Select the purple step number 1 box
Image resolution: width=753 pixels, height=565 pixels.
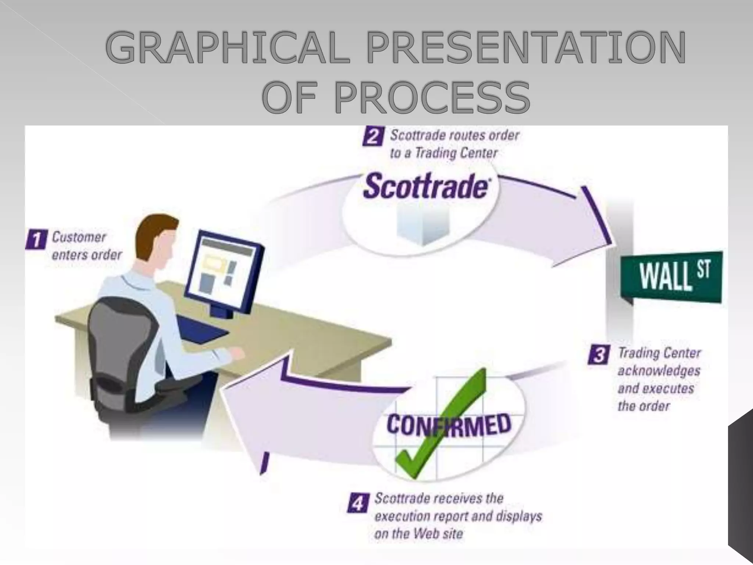(x=36, y=240)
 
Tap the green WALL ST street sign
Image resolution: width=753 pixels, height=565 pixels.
(x=671, y=277)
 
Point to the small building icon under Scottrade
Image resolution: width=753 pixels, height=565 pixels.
(x=423, y=226)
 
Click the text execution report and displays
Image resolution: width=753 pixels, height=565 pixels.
(x=458, y=516)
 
